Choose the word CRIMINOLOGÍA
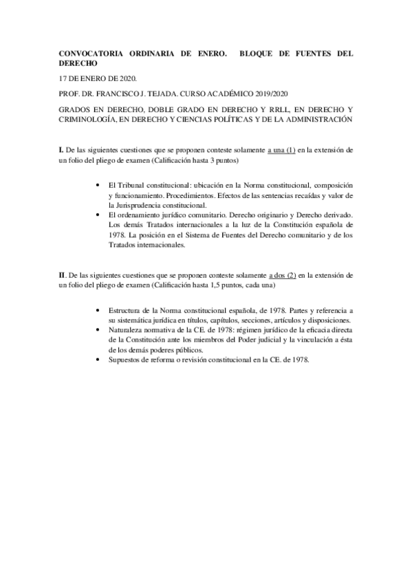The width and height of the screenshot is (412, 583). [90, 120]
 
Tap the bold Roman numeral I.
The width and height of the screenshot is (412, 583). [61, 150]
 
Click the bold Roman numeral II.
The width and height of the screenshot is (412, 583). [63, 274]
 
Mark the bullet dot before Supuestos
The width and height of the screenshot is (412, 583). [102, 359]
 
